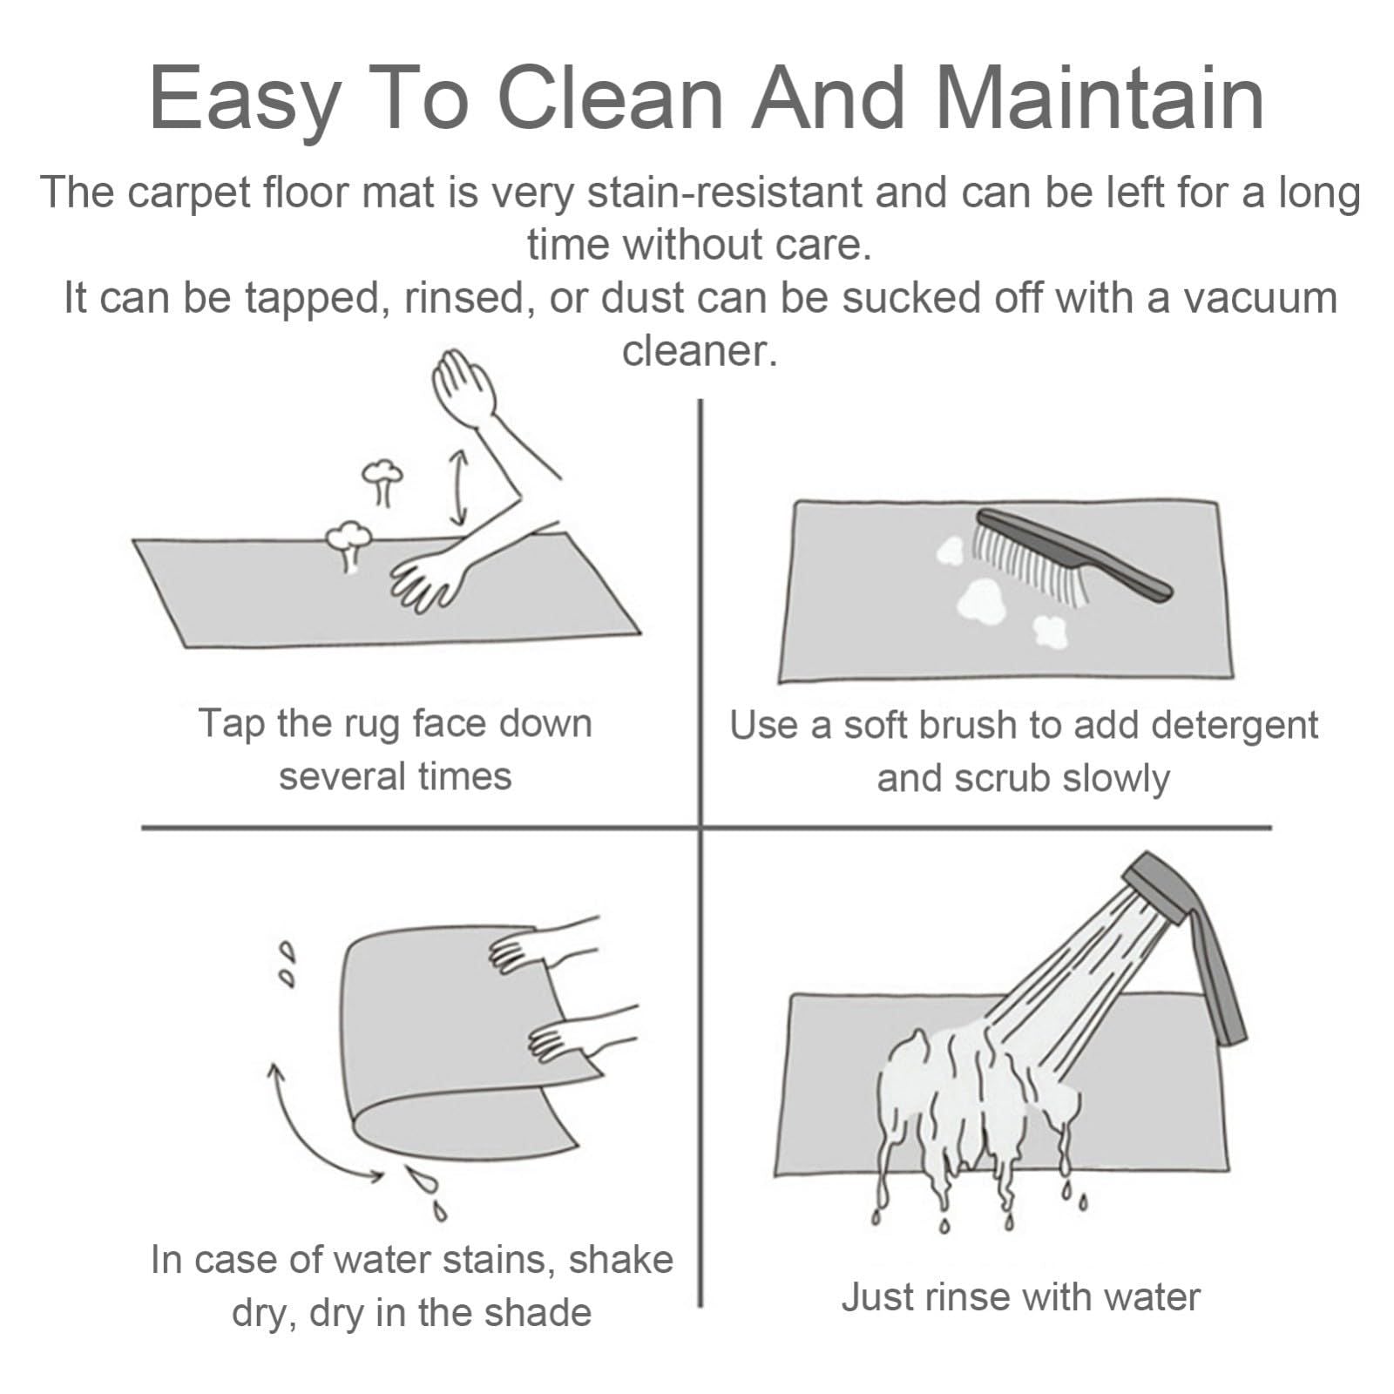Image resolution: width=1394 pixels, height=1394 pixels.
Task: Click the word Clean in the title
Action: (x=611, y=98)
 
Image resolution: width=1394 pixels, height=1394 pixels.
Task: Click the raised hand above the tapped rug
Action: (x=467, y=392)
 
